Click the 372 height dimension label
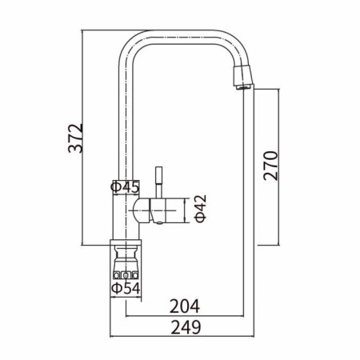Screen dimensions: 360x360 75,138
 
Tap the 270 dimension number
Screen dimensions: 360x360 270,166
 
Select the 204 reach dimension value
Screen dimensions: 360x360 185,306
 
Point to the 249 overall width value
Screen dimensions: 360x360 186,327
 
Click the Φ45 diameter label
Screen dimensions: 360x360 125,187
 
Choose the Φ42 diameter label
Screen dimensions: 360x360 201,208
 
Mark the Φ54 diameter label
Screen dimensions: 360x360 126,288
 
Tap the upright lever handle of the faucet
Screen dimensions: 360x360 159,182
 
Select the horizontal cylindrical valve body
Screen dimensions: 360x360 159,210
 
